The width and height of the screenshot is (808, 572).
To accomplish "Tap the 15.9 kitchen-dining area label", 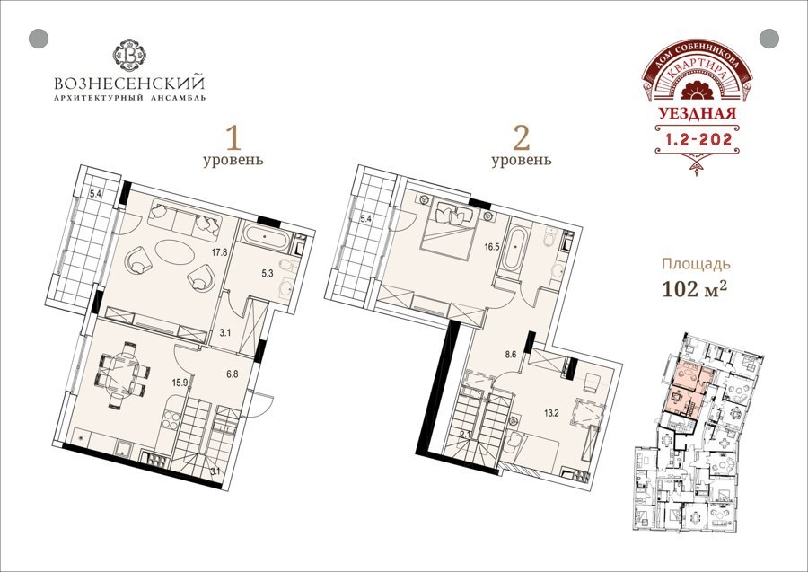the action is coord(180,383).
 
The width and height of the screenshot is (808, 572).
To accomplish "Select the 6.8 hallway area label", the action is coord(233,374).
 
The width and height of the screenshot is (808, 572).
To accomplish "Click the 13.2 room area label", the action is coord(551,413).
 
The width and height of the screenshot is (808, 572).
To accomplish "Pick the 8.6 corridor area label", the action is coord(510,355).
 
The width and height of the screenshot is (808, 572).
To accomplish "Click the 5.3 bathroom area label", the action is coord(267,274).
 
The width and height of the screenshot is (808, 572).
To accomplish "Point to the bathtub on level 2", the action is coord(514,250).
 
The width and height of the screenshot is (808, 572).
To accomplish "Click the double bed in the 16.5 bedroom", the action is coord(447,228).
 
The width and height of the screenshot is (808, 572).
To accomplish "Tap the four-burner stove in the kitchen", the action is coord(171,420).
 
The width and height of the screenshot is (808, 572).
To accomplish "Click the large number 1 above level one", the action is coord(233,137).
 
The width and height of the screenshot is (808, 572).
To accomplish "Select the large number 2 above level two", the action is coord(522,137).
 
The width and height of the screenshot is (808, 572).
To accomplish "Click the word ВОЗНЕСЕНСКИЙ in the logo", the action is coord(129,84).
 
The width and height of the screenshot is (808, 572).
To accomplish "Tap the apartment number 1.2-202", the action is coord(698,139).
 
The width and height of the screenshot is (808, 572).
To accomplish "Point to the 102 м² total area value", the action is coord(694,290).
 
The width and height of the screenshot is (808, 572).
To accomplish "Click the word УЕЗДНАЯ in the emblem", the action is coord(697,113).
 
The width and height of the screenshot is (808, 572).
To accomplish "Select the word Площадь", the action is coord(696,264).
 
